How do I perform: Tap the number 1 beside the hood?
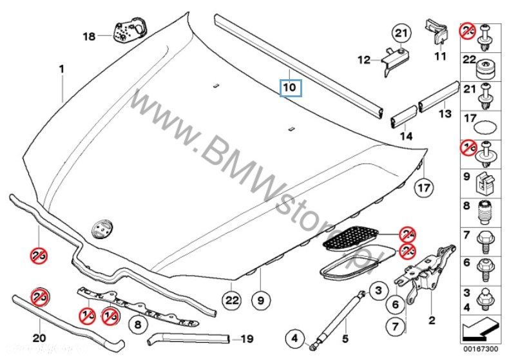(x=62, y=68)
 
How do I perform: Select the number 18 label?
(x=89, y=37)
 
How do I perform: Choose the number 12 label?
(x=364, y=60)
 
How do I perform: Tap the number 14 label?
(x=405, y=136)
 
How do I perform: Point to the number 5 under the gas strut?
(x=344, y=338)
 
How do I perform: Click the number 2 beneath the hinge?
(x=432, y=319)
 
